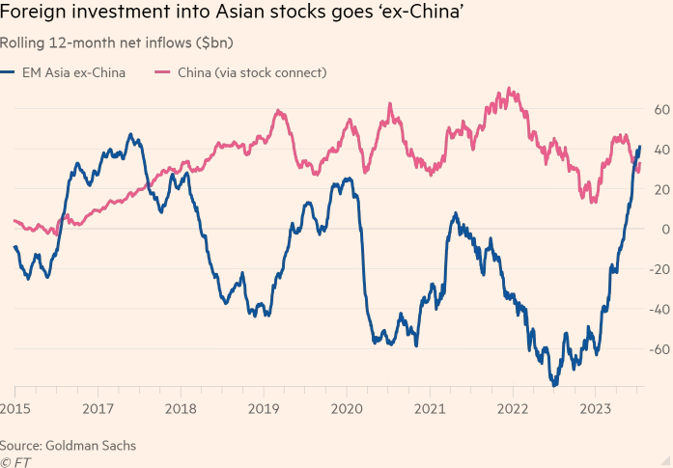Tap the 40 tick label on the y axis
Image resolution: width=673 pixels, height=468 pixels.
[660, 150]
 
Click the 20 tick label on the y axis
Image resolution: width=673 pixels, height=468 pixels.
[660, 189]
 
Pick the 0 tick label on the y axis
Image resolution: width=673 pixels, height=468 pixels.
[664, 230]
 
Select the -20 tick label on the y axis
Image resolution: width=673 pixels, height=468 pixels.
[659, 269]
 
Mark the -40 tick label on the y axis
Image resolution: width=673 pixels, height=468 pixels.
[659, 310]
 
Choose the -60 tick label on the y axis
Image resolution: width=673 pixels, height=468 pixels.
[659, 349]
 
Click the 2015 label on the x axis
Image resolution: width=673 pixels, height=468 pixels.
[14, 410]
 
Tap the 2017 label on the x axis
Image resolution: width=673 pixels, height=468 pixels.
[98, 410]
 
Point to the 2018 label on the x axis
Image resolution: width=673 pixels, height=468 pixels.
[181, 410]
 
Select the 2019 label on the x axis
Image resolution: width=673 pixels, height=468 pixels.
[264, 410]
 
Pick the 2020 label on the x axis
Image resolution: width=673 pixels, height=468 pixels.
[347, 410]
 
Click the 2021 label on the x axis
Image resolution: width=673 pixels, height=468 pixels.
[430, 410]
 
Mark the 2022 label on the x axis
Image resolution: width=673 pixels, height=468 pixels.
[512, 410]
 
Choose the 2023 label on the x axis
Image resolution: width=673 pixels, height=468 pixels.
[595, 410]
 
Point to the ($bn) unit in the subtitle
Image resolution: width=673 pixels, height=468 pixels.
[212, 42]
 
